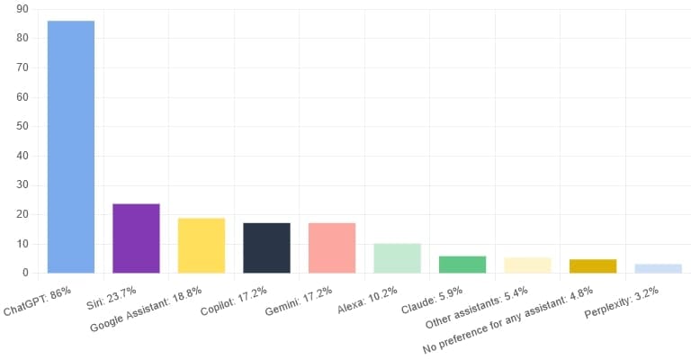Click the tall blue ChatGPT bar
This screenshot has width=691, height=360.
(70, 147)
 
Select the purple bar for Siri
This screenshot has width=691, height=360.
(136, 238)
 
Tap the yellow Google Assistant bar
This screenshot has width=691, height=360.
(202, 246)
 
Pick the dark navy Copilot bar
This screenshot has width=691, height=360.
(266, 247)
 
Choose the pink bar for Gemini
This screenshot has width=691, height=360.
(332, 247)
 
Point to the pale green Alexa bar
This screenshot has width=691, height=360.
(397, 258)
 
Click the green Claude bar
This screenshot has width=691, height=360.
(462, 265)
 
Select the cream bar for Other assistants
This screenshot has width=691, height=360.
(527, 265)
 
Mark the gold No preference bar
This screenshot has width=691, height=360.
(593, 266)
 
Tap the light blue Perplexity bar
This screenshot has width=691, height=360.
(658, 268)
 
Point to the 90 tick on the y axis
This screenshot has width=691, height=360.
(22, 9)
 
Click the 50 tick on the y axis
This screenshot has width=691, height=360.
(22, 126)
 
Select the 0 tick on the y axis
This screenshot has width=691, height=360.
(25, 273)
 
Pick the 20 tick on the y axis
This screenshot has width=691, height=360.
(22, 214)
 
